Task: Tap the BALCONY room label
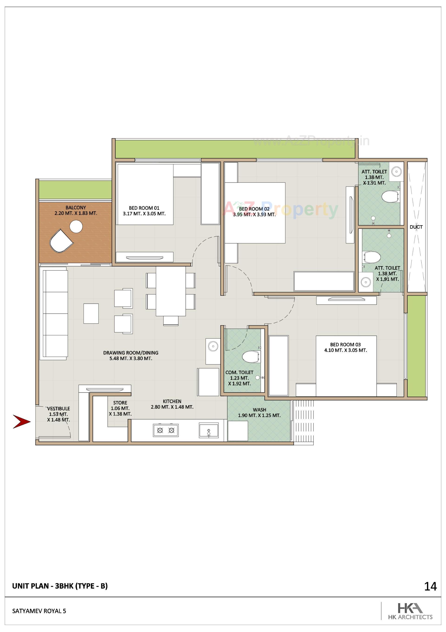(x=76, y=207)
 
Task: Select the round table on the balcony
(x=76, y=227)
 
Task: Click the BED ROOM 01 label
(x=144, y=208)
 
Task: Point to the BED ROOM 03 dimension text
(x=345, y=350)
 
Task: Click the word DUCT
(x=416, y=227)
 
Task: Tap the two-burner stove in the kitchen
(x=166, y=430)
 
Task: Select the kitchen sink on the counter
(x=208, y=430)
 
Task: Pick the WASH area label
(x=259, y=410)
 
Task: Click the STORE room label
(x=120, y=403)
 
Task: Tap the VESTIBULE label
(x=59, y=408)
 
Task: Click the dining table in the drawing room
(x=171, y=291)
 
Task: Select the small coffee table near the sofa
(x=91, y=313)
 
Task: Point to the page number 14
(x=430, y=587)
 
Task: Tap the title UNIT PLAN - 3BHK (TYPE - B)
(x=60, y=586)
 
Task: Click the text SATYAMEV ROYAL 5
(x=39, y=611)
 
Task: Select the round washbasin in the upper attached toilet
(x=396, y=171)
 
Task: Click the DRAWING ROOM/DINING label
(x=131, y=353)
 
